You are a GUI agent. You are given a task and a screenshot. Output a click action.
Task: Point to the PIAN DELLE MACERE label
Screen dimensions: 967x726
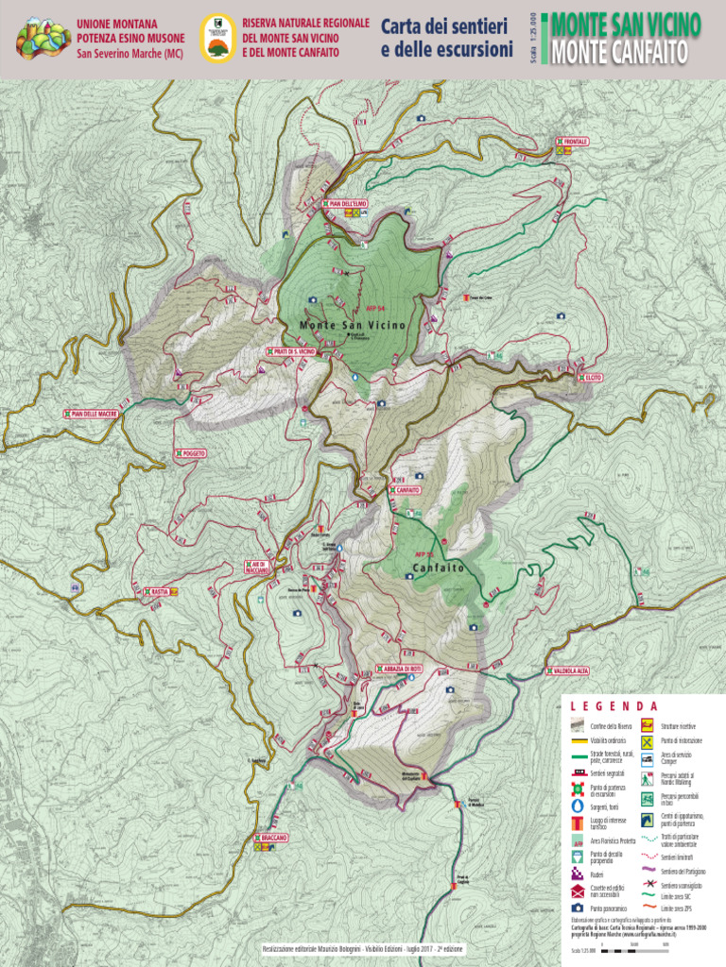[92, 414]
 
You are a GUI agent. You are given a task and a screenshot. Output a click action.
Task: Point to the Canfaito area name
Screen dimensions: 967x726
[438, 568]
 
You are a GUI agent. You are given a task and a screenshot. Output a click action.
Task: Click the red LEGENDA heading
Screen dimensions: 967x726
[614, 706]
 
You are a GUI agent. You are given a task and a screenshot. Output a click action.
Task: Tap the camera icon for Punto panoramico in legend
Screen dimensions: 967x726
[577, 907]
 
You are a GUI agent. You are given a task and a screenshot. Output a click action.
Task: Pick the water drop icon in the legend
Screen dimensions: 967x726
[577, 807]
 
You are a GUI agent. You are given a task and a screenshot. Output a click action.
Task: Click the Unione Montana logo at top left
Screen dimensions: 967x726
[43, 39]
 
